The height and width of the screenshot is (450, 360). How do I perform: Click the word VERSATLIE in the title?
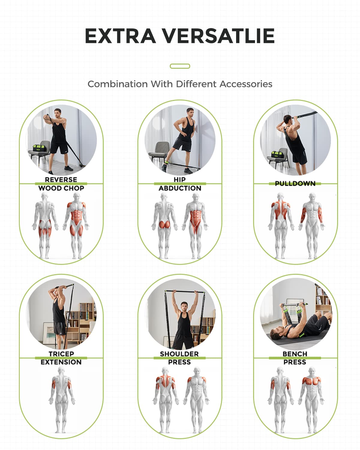(219, 36)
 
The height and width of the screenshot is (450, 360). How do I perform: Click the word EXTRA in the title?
(120, 36)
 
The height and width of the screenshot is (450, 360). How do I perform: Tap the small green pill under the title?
(180, 66)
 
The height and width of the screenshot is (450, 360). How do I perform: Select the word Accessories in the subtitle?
(246, 84)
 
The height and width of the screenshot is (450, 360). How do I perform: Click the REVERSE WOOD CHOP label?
(61, 184)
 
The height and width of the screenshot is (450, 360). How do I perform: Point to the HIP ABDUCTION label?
(180, 184)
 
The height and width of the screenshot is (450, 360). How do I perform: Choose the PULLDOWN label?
(295, 183)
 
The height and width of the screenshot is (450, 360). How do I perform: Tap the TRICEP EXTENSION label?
(61, 358)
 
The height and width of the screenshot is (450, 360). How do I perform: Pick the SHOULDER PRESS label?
(179, 358)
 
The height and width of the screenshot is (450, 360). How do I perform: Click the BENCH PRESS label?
(295, 358)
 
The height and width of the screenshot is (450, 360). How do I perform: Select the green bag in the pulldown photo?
(278, 155)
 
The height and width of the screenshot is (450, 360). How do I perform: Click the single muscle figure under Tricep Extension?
(62, 400)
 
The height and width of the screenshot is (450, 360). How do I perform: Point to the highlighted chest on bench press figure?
(311, 381)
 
